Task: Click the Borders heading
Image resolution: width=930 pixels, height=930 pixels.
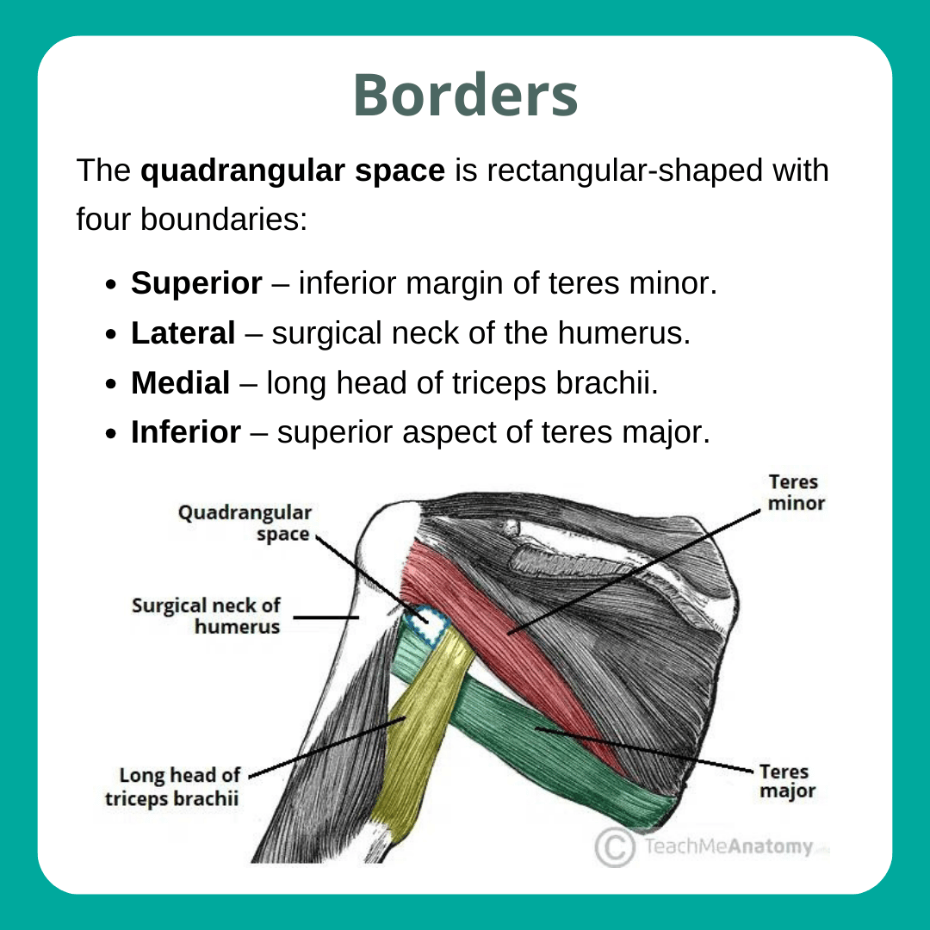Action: click(x=465, y=96)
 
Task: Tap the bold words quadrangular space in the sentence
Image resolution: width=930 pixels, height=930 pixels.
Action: click(x=292, y=170)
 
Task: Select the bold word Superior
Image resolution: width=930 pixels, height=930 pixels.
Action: click(x=196, y=283)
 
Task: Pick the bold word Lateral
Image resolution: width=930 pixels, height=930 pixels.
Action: click(x=183, y=333)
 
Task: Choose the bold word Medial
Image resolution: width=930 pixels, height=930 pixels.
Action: click(x=180, y=383)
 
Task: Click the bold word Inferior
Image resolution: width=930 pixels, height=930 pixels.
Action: click(x=185, y=432)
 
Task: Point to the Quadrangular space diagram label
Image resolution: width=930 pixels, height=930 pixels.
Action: click(x=245, y=523)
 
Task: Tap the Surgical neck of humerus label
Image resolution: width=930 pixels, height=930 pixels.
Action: click(x=206, y=616)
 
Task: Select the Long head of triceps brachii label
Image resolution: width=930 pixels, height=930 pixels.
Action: click(x=172, y=786)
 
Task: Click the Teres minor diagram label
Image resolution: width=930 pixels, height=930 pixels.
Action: click(x=796, y=492)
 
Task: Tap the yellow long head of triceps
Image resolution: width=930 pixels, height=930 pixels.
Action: click(x=422, y=732)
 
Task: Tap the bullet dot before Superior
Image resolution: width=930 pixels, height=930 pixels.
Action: click(x=111, y=285)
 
